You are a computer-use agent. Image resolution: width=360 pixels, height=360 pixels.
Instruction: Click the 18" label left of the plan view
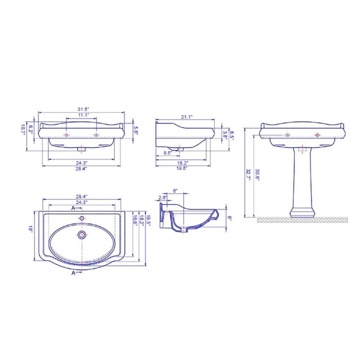[31, 229]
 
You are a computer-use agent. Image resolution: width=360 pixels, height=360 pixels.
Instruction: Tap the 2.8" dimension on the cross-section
[162, 198]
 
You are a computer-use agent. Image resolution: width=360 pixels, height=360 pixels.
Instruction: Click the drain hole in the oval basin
[82, 235]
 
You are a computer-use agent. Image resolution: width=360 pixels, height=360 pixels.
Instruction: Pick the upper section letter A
[73, 208]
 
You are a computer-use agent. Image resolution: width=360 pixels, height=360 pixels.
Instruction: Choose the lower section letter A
[73, 273]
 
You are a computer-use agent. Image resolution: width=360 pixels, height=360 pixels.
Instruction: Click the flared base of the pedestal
[302, 212]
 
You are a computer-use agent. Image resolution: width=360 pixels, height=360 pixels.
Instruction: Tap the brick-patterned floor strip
[302, 220]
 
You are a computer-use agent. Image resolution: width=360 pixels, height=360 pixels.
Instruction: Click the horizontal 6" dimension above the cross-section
[175, 191]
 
